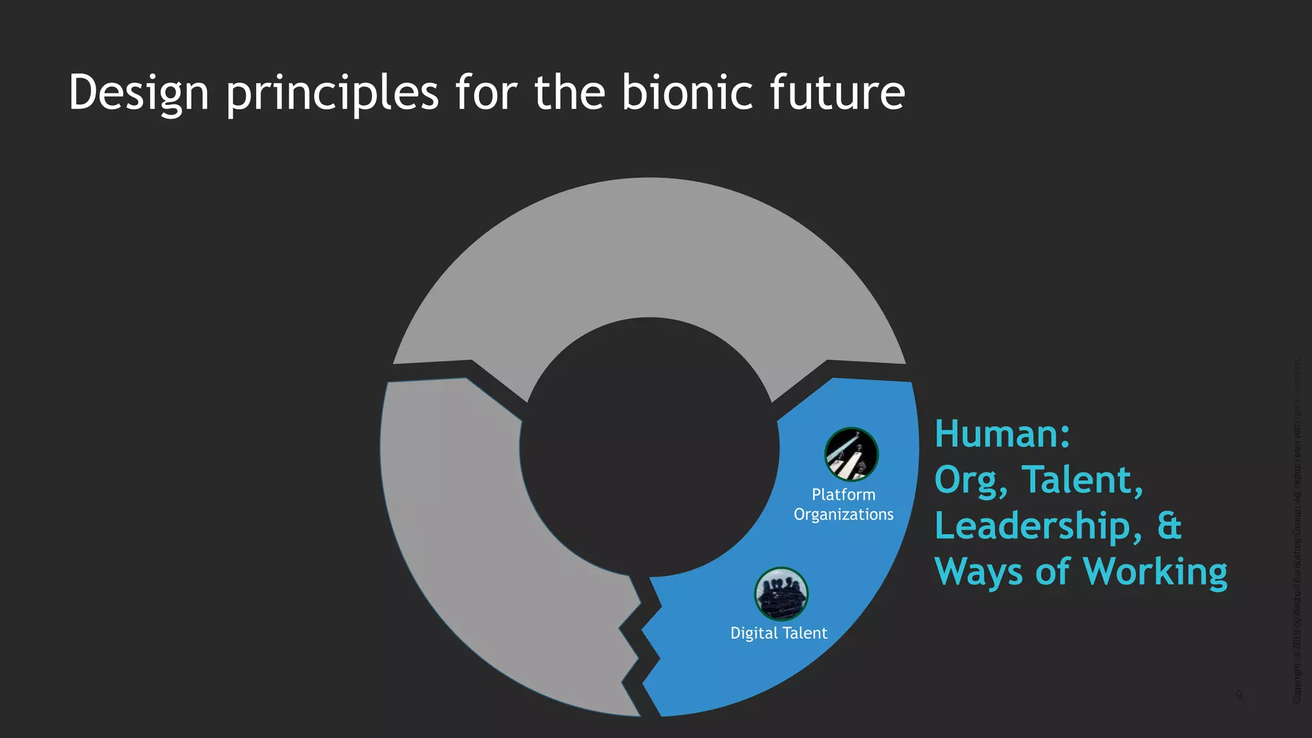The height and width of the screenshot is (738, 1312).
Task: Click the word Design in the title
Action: [138, 94]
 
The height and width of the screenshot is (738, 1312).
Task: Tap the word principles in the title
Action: [332, 94]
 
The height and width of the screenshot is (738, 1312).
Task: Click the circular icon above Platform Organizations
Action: [851, 454]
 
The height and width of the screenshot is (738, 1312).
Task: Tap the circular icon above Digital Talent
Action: [781, 594]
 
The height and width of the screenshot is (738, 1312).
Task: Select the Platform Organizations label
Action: [843, 505]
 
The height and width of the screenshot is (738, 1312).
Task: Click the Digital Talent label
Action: [778, 634]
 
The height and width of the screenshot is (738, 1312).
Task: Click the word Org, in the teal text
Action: [971, 480]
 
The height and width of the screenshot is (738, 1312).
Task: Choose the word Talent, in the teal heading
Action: [1082, 480]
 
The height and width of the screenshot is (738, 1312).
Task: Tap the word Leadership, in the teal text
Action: [1038, 526]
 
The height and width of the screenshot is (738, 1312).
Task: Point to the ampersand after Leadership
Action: [1169, 526]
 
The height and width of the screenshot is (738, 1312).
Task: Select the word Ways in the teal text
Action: [979, 572]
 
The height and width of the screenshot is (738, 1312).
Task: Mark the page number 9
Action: [1239, 696]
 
